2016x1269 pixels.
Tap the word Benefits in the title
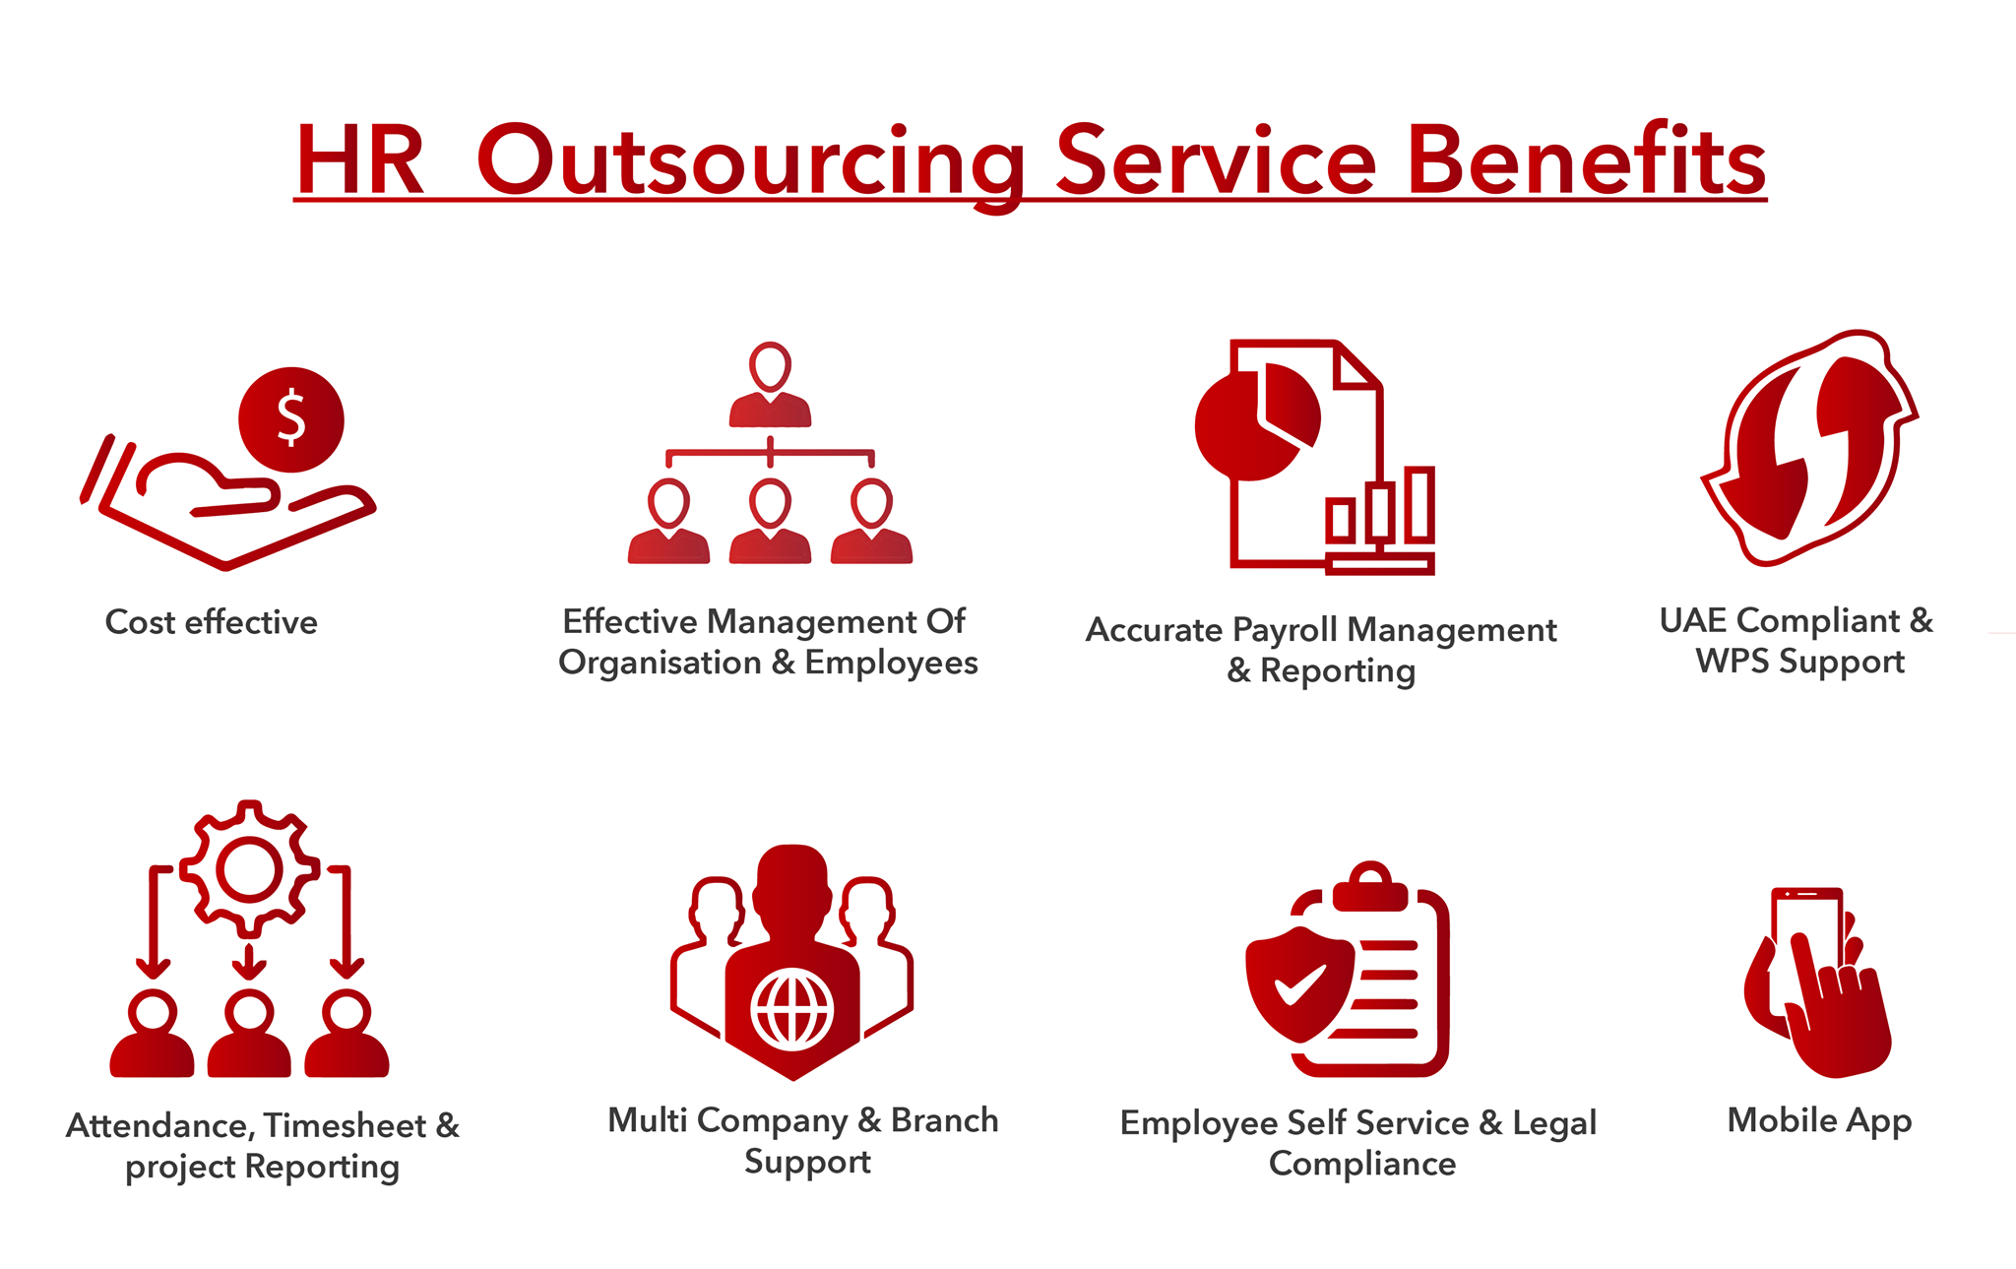(1587, 158)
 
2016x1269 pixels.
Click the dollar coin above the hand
(291, 419)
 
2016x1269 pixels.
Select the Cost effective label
(212, 622)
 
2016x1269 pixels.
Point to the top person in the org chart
(770, 385)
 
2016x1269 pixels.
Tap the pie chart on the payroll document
(1257, 422)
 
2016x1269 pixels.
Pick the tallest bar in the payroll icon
(1419, 505)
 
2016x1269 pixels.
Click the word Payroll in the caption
(1285, 631)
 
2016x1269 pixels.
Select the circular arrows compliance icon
(1809, 448)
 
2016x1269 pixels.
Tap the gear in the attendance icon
(249, 869)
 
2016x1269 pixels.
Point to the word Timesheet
(345, 1125)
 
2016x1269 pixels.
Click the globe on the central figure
(792, 1010)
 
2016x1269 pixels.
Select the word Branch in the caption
(945, 1120)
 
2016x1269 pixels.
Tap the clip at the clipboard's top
(1370, 886)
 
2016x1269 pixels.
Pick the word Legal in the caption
(1554, 1124)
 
